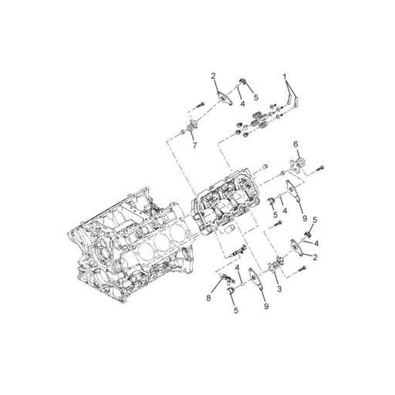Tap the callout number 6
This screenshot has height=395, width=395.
click(x=295, y=144)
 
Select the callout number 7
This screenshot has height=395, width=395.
click(x=194, y=145)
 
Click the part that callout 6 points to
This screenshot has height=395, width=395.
click(x=297, y=164)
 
